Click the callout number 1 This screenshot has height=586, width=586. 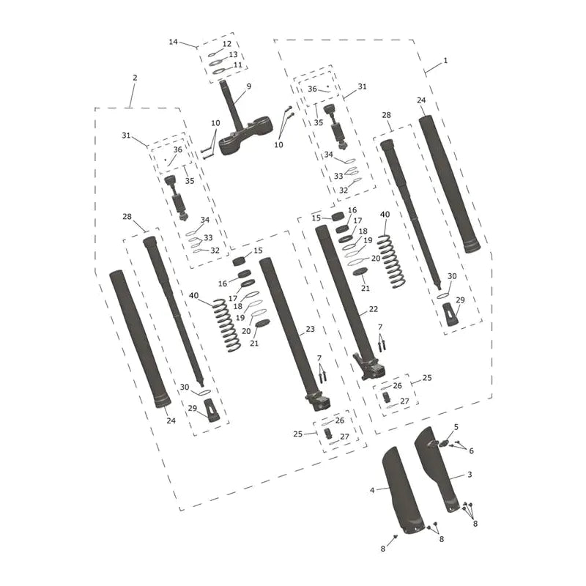(445, 61)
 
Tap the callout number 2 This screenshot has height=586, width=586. (135, 78)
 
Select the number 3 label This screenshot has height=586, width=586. (470, 475)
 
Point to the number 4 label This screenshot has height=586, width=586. (372, 490)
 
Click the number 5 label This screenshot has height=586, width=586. (456, 427)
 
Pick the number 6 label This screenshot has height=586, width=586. (471, 451)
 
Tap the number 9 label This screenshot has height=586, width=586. (249, 86)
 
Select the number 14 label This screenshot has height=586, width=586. (173, 42)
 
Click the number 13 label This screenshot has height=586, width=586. (233, 54)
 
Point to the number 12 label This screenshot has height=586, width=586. (227, 44)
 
